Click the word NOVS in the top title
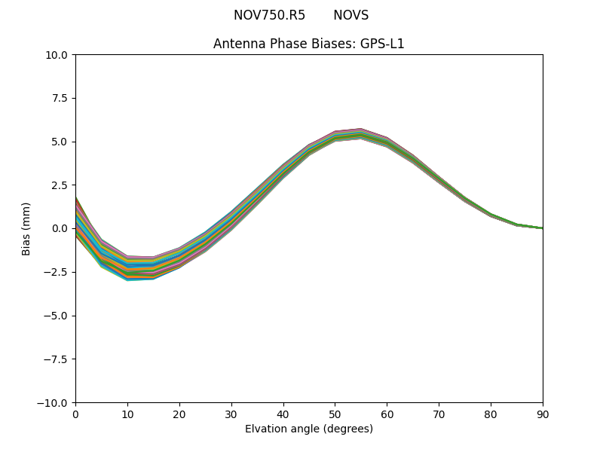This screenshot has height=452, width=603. [350, 16]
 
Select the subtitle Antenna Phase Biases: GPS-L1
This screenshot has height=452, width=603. [309, 44]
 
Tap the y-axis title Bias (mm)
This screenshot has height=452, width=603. [26, 228]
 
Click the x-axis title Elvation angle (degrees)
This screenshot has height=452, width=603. [309, 429]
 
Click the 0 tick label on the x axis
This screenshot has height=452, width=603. [75, 414]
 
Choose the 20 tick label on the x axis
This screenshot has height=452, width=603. [179, 414]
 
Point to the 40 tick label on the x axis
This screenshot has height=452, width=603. [283, 414]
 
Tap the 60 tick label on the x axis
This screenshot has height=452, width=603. [387, 414]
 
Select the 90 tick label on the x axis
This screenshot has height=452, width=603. [543, 414]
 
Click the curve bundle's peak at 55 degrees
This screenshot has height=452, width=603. [361, 133]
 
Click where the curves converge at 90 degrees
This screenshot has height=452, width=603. [542, 228]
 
